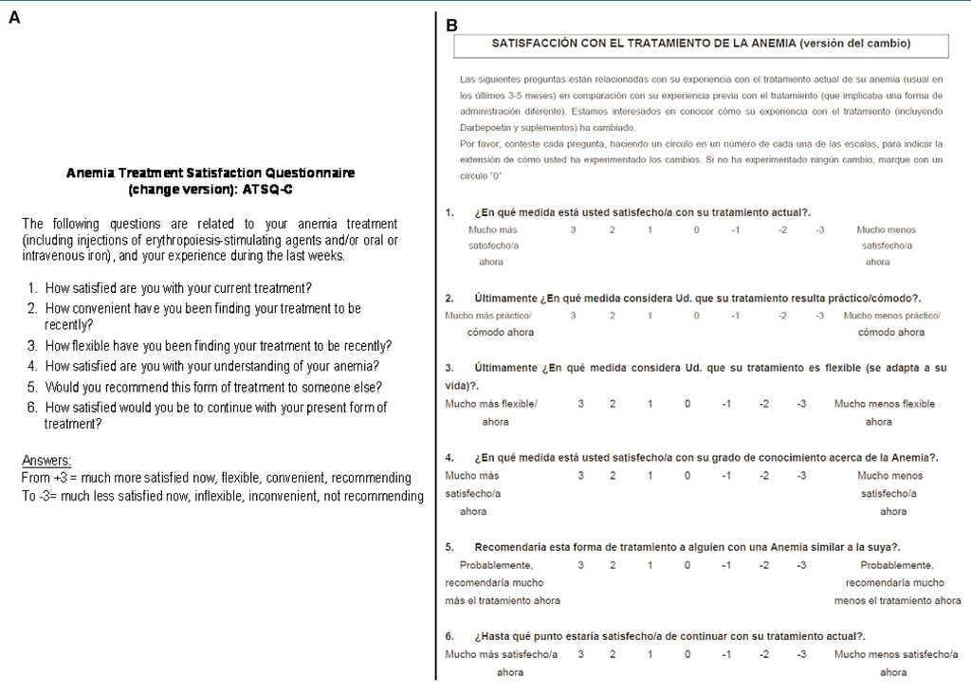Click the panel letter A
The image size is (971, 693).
[14, 17]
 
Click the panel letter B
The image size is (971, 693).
[451, 26]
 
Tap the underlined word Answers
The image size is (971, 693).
[46, 461]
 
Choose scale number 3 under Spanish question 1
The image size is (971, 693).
[574, 230]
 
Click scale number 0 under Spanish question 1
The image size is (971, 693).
[696, 230]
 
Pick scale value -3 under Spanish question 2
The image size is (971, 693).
[819, 316]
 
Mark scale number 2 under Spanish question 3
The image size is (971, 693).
[613, 404]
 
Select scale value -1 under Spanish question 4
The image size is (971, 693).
[725, 476]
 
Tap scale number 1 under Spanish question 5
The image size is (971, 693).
[650, 566]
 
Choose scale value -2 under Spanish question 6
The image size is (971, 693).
[764, 654]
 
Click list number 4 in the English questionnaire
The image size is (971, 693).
[32, 366]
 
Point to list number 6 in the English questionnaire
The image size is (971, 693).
[32, 408]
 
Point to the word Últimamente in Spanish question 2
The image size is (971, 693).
[504, 298]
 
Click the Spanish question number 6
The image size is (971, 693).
[449, 636]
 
